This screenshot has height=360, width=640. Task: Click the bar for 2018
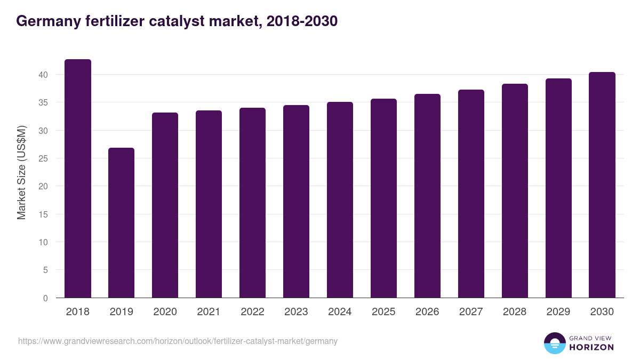coord(78,179)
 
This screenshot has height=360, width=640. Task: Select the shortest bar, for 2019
coord(122,223)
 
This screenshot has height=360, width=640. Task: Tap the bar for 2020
coord(165,205)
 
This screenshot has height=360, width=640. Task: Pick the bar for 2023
coord(296,202)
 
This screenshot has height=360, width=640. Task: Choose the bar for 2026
coord(427,196)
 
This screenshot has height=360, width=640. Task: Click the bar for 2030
coord(602,185)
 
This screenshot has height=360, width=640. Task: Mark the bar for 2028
coord(515,191)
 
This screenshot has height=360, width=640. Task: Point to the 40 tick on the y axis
coord(43,75)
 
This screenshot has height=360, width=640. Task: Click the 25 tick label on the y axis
coord(43,158)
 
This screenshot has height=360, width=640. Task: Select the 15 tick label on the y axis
coord(43,214)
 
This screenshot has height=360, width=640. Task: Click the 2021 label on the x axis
coord(209,312)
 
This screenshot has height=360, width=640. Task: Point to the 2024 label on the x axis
coord(340,312)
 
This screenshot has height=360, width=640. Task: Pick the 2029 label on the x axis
coord(558,312)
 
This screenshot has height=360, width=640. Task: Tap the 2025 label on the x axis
coord(383,312)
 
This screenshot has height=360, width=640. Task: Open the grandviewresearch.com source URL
coord(178,341)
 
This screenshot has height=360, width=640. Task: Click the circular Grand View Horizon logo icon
coord(555,343)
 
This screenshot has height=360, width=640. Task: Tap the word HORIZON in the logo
coord(591,347)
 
